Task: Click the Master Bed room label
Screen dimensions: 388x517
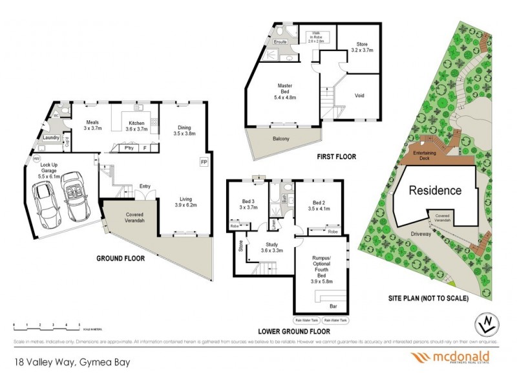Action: click(x=286, y=90)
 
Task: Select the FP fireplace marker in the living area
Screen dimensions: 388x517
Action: click(x=204, y=162)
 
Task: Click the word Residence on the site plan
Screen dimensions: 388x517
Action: click(x=434, y=191)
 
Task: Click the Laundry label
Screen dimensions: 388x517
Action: click(x=52, y=138)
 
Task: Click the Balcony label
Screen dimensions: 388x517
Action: click(x=280, y=139)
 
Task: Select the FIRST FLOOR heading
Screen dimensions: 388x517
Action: click(x=337, y=157)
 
